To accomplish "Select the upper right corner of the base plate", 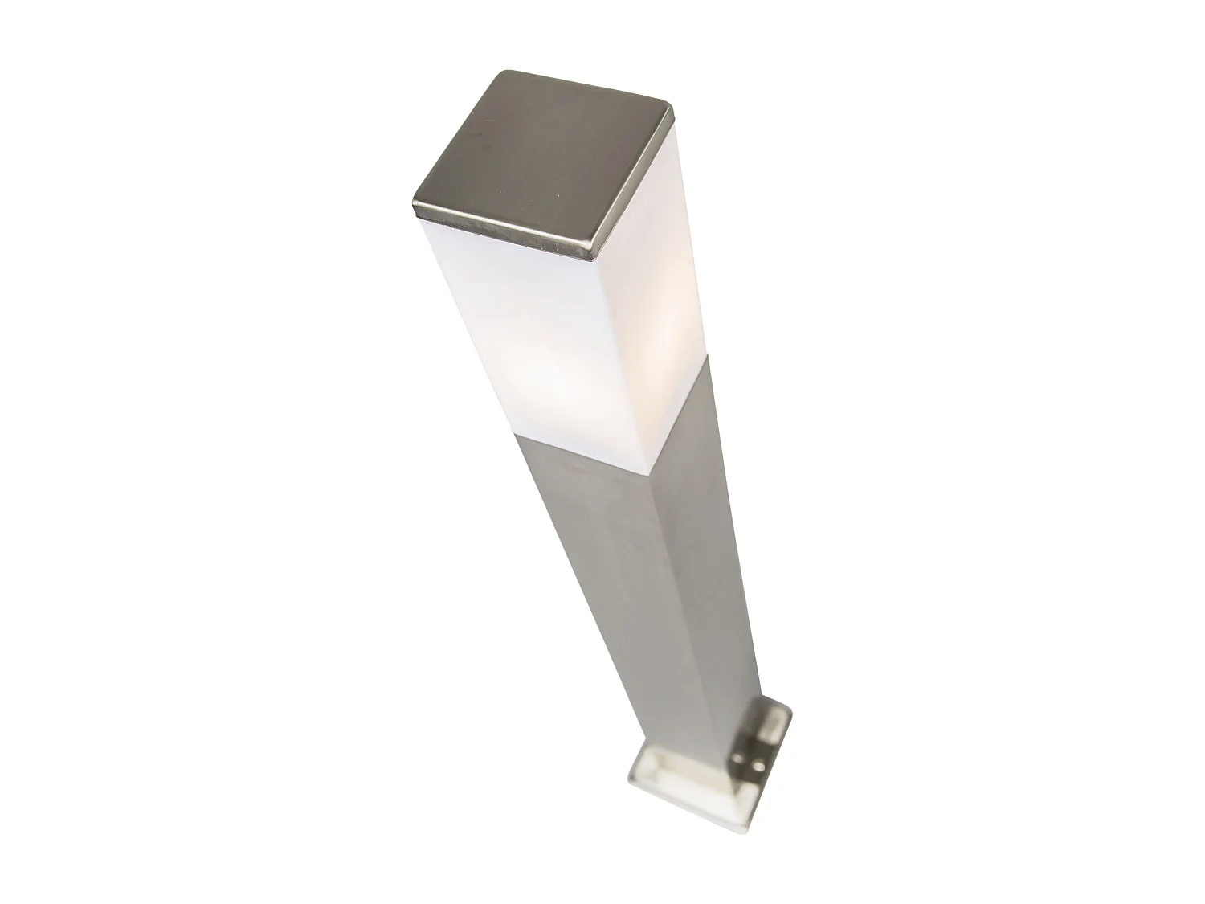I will (x=791, y=707).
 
